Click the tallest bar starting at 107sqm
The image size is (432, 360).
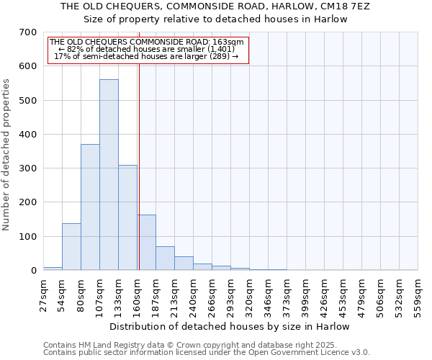[x=109, y=175]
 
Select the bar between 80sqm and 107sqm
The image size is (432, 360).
[x=90, y=207]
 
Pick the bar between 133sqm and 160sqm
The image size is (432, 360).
[x=127, y=217]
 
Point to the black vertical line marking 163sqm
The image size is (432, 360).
[x=139, y=166]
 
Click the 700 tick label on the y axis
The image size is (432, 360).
[x=27, y=32]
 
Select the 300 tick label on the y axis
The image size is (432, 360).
[x=27, y=168]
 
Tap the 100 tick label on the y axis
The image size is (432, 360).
[x=27, y=236]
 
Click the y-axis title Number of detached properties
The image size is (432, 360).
[x=7, y=154]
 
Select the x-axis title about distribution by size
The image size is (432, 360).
[x=230, y=326]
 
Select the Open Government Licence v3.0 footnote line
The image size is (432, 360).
[x=207, y=353]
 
